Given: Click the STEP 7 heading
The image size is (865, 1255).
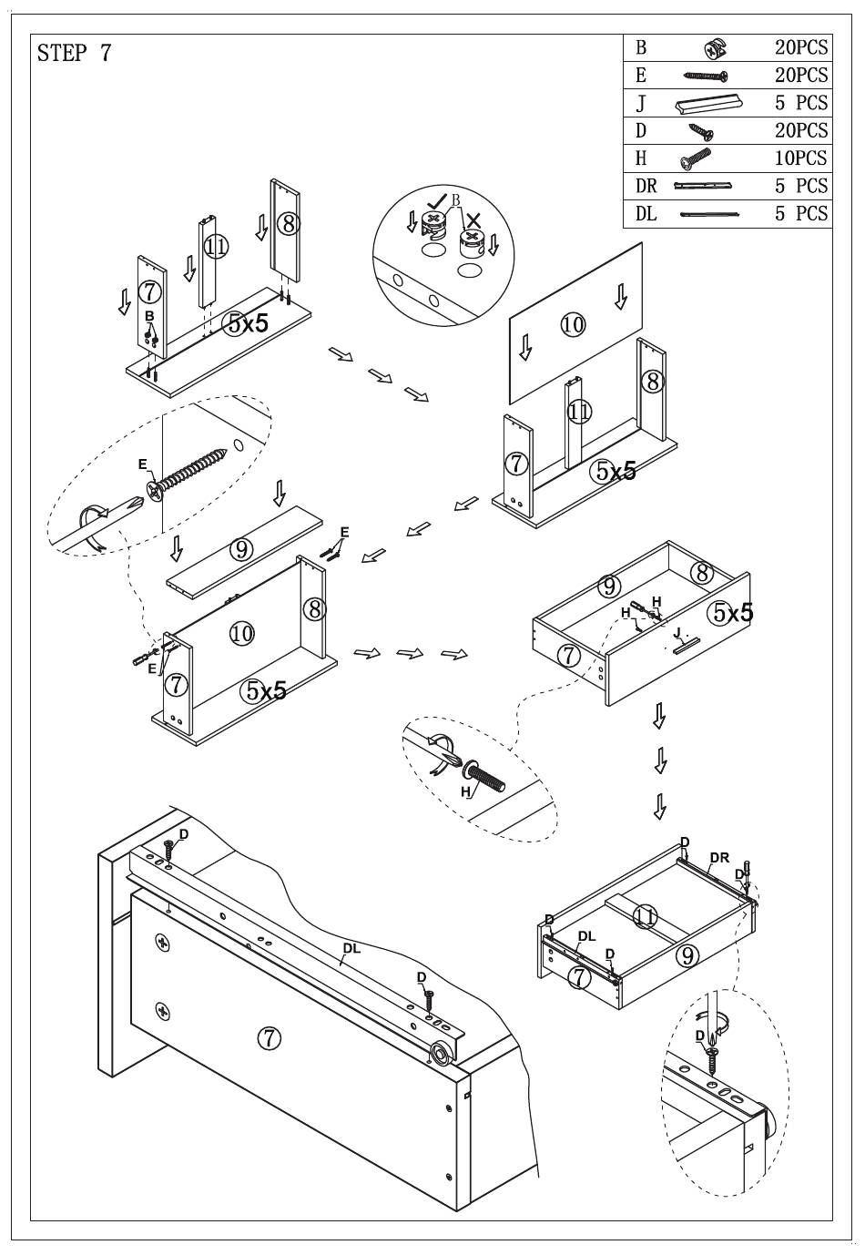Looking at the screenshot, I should pos(74,53).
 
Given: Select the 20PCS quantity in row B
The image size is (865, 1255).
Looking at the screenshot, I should pos(801,48).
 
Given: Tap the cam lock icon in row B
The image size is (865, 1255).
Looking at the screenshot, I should pos(714,48).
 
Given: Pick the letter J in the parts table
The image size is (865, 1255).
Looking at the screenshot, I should pos(641,104).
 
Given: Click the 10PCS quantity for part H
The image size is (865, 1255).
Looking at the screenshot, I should pos(801,158).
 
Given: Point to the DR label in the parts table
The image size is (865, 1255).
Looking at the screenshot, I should pos(646,187).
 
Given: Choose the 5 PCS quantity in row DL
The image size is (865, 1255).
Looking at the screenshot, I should pos(801,214).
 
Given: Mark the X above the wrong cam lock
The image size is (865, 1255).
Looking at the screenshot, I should pos(474,219).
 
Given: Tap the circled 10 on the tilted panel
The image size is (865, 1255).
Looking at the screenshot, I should pos(573,323).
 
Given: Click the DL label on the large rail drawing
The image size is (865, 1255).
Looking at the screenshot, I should pos(351,948).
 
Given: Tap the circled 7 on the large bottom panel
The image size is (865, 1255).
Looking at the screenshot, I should pos(268,1036).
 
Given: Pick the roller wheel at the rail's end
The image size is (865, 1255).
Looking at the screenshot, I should pos(442,1054).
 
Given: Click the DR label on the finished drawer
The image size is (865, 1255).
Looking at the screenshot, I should pos(719,857).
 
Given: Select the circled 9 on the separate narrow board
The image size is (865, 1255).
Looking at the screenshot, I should pos(241,549).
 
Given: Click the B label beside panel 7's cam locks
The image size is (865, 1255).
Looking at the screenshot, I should pos(149,316).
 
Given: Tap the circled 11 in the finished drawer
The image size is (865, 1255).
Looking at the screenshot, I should pos(646,916).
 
